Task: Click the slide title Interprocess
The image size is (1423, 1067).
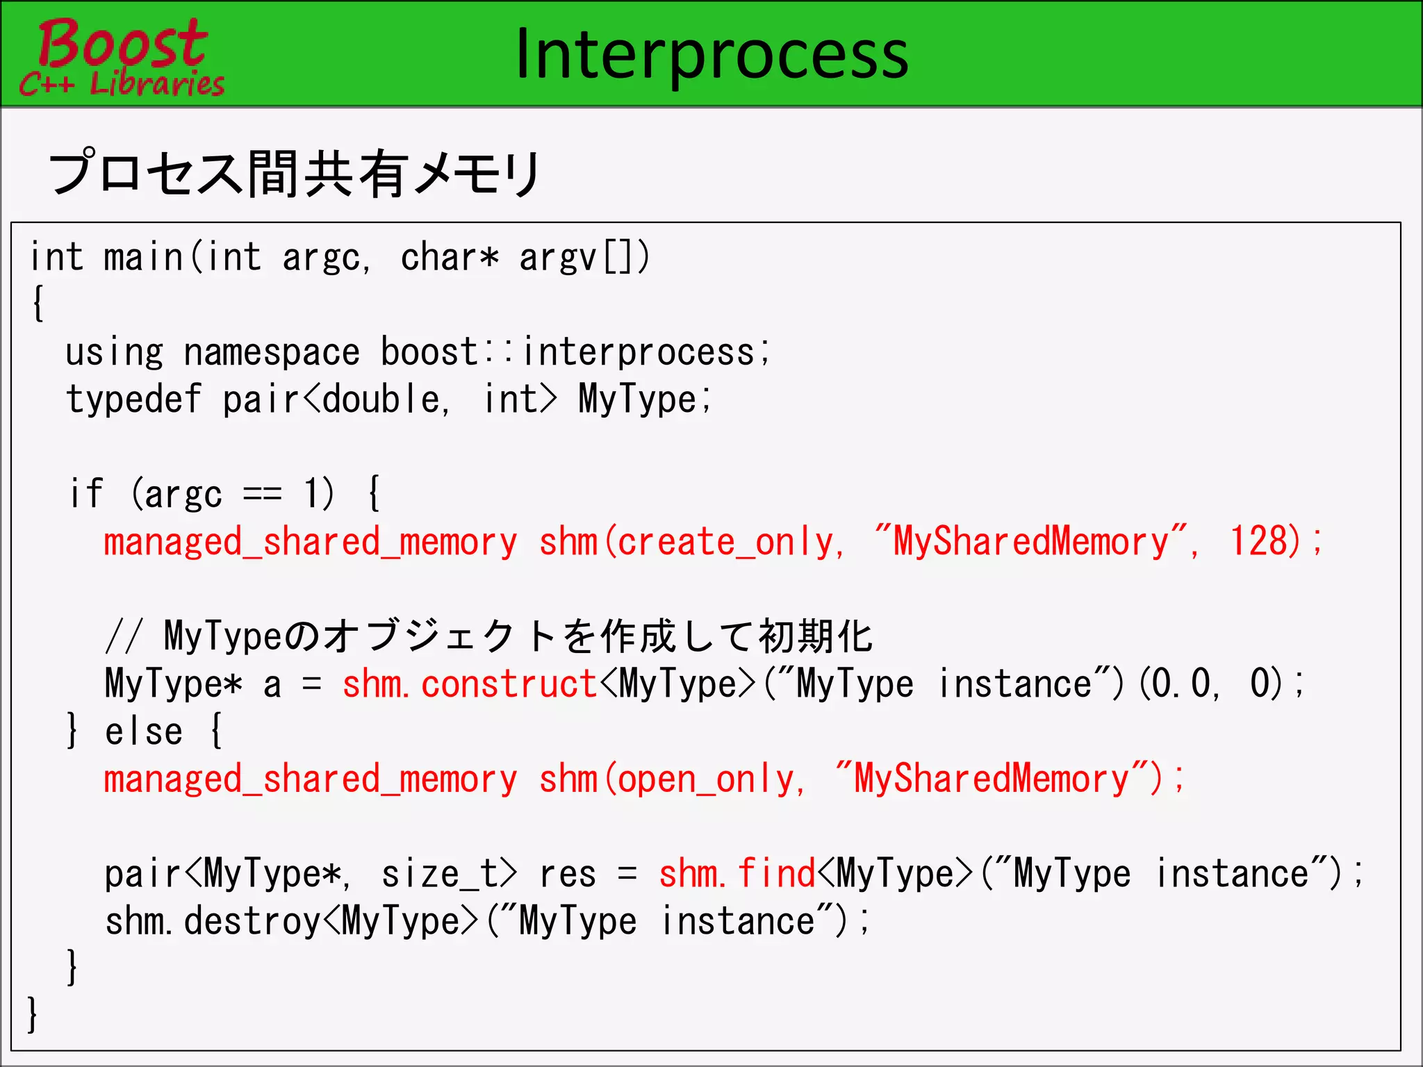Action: pos(711,54)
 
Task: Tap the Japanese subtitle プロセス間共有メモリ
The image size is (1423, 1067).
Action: pos(295,173)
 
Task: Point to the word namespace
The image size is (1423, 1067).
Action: pos(272,353)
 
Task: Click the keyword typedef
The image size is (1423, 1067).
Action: pos(133,400)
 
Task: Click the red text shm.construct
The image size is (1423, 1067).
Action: pos(470,684)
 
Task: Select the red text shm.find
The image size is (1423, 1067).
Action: pos(737,874)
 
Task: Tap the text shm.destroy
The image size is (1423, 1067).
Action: pos(213,922)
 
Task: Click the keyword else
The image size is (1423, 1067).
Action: pos(144,732)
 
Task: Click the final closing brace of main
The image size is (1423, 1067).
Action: pos(32,1014)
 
